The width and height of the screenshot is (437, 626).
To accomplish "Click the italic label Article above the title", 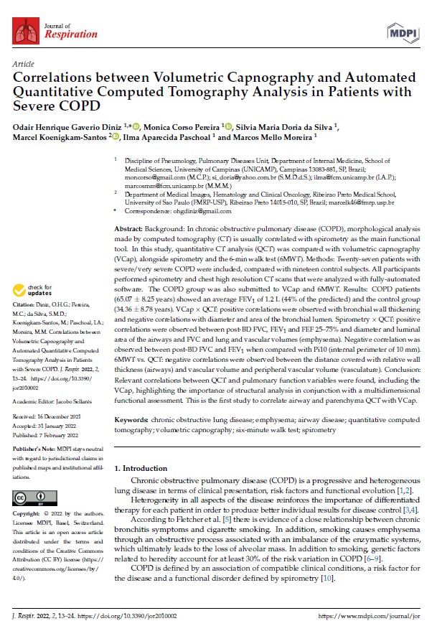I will click(x=23, y=64).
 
